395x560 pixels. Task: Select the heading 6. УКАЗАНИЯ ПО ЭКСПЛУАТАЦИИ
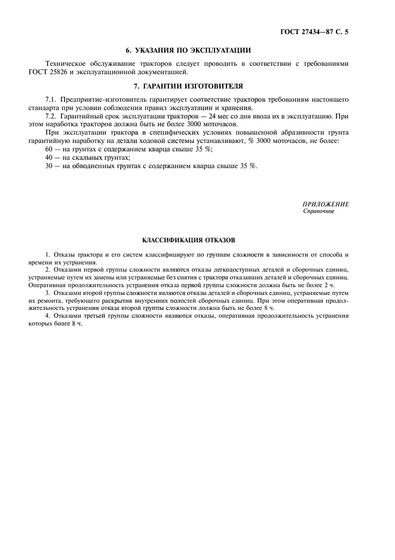[197, 50]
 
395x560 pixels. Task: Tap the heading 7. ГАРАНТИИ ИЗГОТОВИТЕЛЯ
[197, 86]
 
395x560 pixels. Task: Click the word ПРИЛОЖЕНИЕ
[326, 204]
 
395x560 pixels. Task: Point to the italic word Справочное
[319, 211]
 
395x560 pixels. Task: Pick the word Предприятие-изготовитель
[102, 98]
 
